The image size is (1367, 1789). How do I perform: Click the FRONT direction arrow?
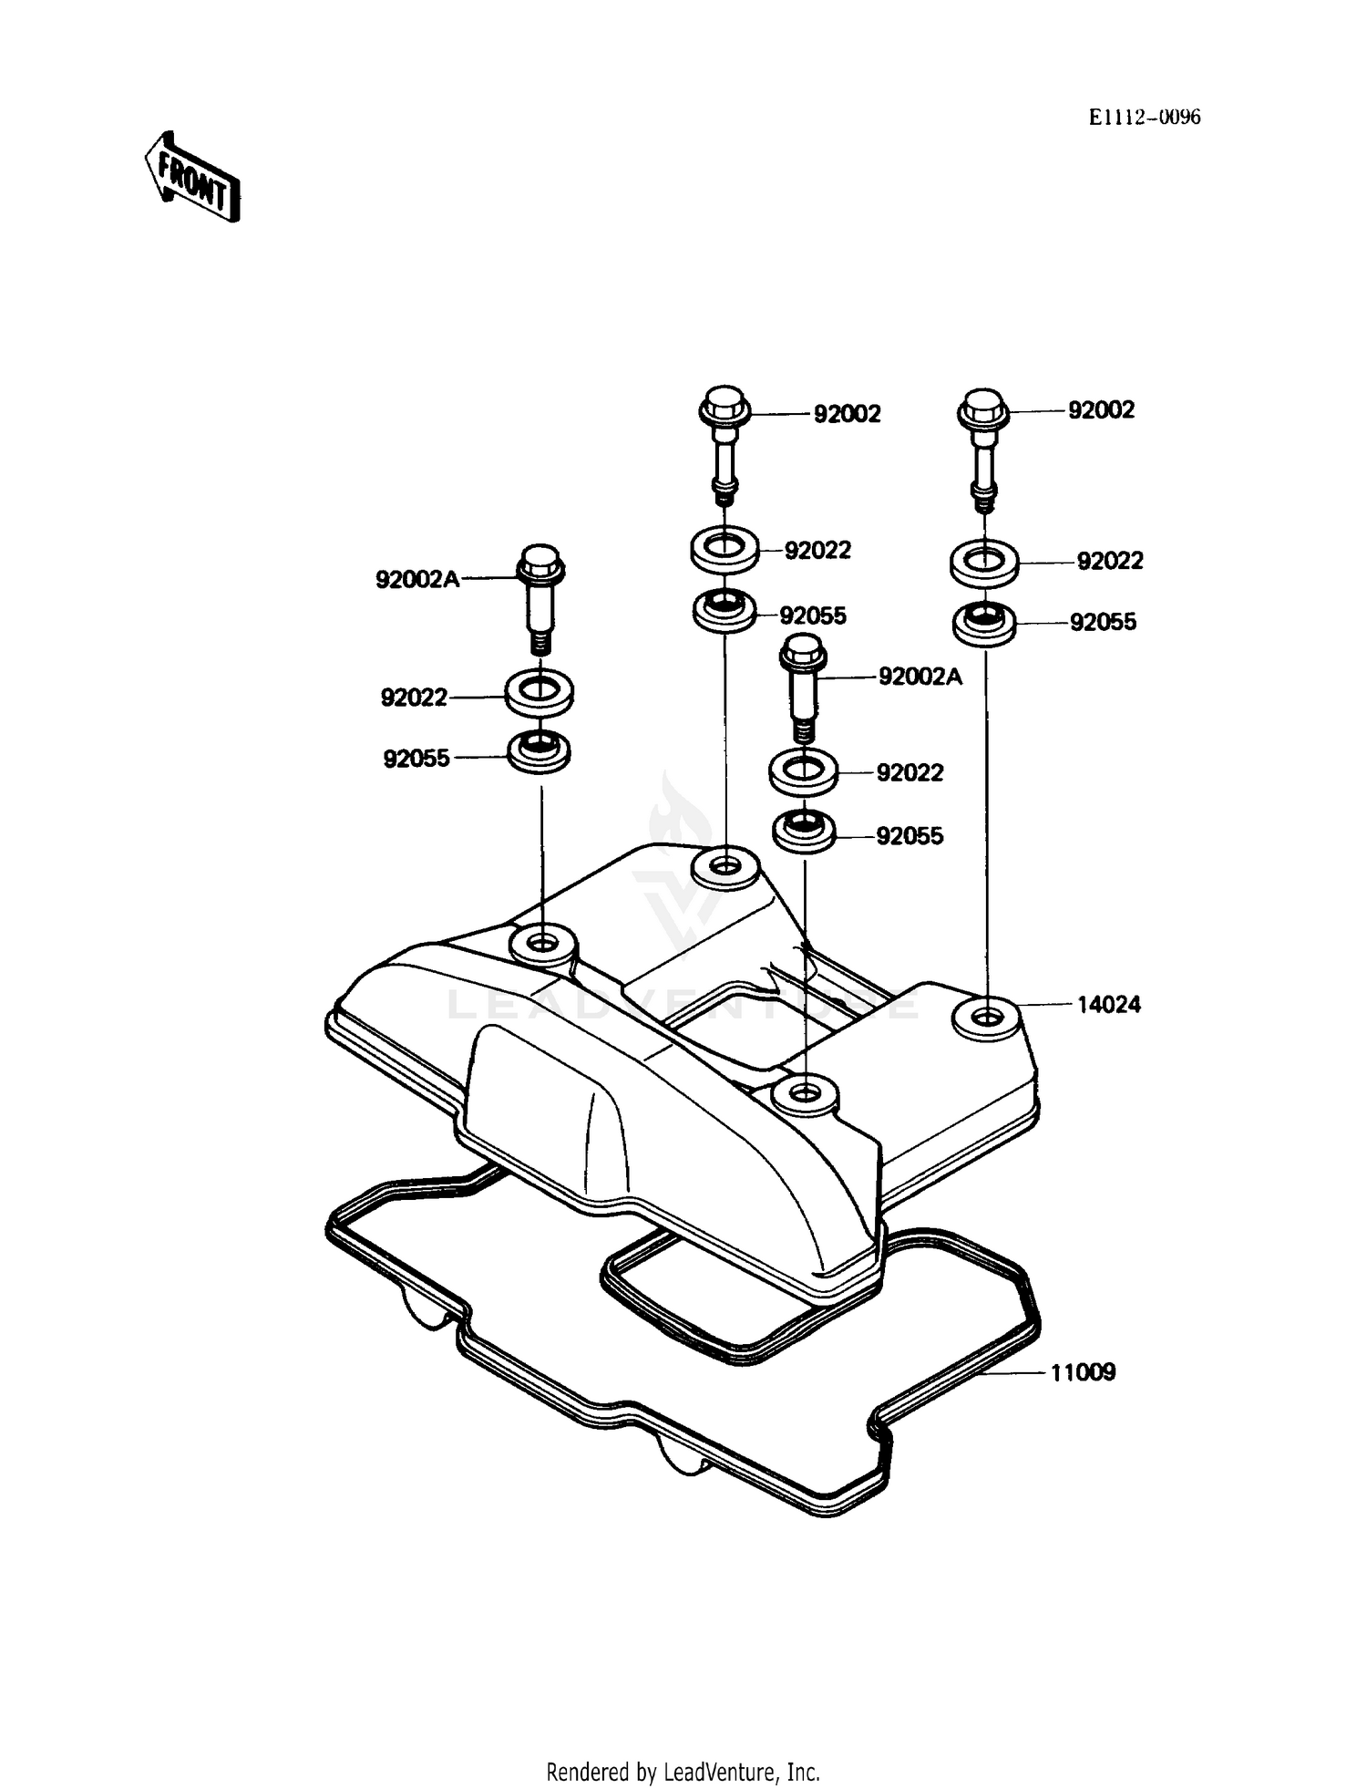[x=192, y=178]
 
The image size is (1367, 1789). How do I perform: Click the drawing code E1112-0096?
[x=1144, y=117]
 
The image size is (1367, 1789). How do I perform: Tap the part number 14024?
[x=1108, y=1005]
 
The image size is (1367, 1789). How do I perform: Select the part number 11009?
[x=1083, y=1372]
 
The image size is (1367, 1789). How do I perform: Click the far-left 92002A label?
[x=417, y=579]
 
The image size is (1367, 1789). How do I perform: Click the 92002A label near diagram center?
[x=920, y=677]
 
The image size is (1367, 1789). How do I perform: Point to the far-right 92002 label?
[x=1101, y=410]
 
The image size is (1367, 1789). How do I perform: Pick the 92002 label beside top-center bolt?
[x=847, y=414]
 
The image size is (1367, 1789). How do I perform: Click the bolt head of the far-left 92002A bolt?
[x=540, y=565]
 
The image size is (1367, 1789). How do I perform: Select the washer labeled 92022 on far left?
[x=540, y=693]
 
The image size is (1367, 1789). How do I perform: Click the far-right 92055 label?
[x=1103, y=622]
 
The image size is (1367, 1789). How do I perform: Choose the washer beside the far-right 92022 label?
[x=984, y=561]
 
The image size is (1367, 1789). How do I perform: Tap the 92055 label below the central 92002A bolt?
[x=910, y=836]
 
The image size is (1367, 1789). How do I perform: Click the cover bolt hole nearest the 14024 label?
[x=984, y=1017]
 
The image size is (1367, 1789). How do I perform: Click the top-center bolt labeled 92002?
[x=725, y=442]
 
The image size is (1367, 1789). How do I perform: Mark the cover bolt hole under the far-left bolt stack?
[x=542, y=942]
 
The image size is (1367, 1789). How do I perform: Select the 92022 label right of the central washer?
[x=910, y=773]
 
